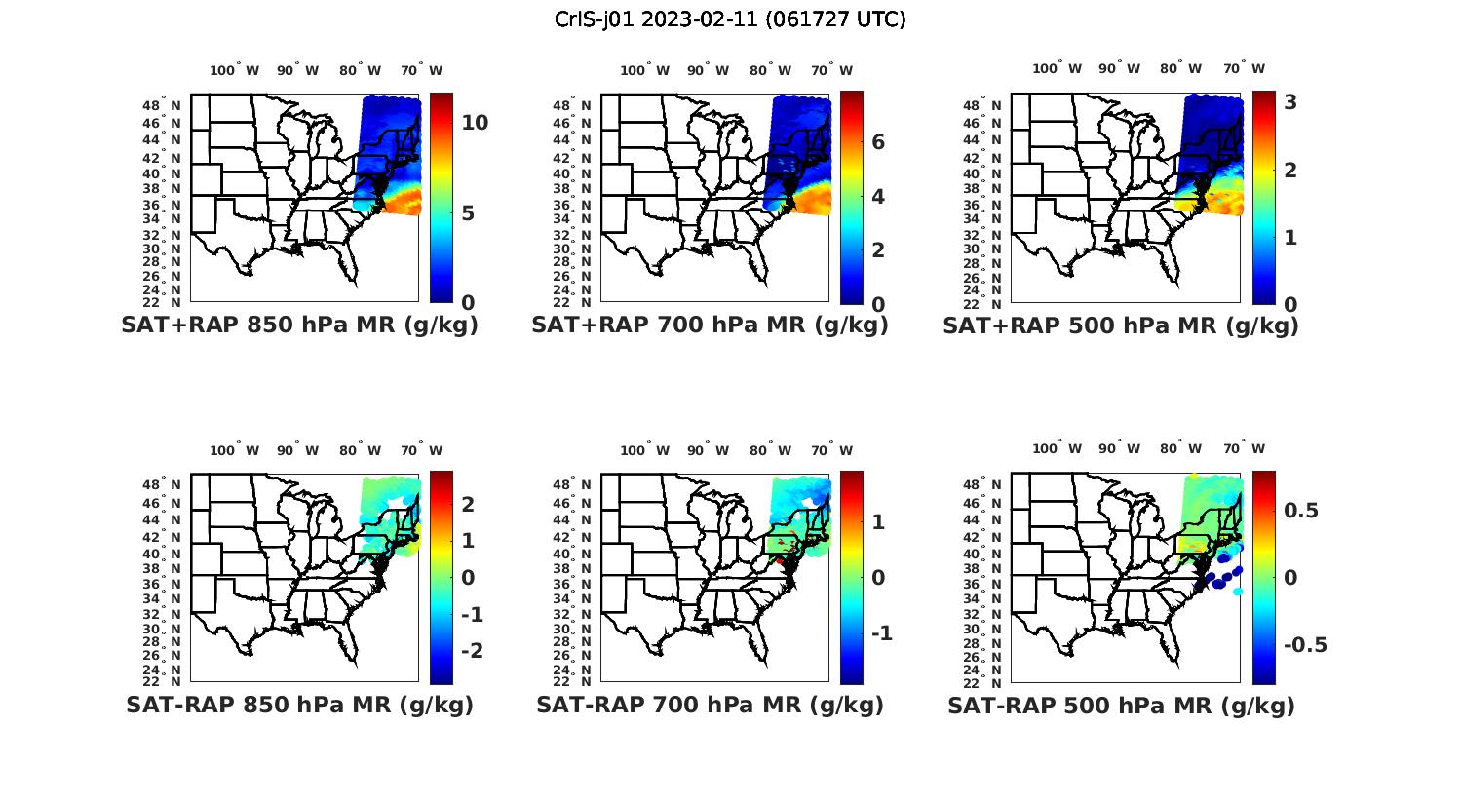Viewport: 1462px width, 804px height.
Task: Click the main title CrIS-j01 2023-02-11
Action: click(x=730, y=19)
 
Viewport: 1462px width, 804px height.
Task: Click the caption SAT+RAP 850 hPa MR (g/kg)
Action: click(x=299, y=325)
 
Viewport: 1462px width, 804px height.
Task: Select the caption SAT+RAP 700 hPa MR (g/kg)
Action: click(x=710, y=325)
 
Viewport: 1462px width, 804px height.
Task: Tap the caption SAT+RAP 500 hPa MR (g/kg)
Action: click(x=1121, y=325)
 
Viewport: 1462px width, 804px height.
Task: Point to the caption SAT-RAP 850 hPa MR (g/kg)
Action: click(x=299, y=705)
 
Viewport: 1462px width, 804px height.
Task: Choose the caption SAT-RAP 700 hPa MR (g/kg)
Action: click(x=710, y=705)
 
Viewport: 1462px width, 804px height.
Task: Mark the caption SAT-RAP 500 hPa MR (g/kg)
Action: click(x=1121, y=705)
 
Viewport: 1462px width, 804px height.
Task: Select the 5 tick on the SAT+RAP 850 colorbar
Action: click(x=468, y=213)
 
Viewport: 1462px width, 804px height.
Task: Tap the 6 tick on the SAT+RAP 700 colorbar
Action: click(x=878, y=142)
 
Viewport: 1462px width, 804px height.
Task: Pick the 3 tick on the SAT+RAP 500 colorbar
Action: click(x=1290, y=101)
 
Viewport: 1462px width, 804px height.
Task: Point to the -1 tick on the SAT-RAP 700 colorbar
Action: click(x=881, y=633)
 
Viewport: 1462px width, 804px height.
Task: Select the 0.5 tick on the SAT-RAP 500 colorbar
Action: click(x=1301, y=511)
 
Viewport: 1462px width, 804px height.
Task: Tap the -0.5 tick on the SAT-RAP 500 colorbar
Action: click(x=1305, y=645)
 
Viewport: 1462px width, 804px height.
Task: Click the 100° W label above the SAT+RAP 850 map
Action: click(x=235, y=70)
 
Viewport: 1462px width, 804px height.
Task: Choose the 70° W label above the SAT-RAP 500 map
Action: click(x=1244, y=449)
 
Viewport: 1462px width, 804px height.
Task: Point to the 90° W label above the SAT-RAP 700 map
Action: click(x=708, y=450)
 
